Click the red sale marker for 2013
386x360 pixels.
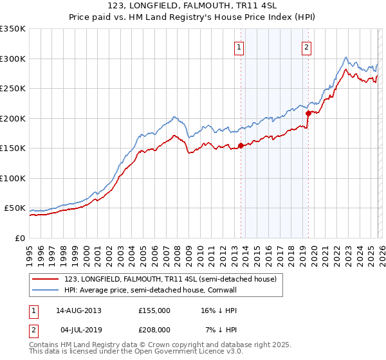[241, 145]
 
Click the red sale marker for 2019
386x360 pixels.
[308, 114]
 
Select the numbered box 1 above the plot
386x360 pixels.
[239, 46]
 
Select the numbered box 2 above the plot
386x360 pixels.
[306, 46]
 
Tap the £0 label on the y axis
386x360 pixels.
[19, 239]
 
